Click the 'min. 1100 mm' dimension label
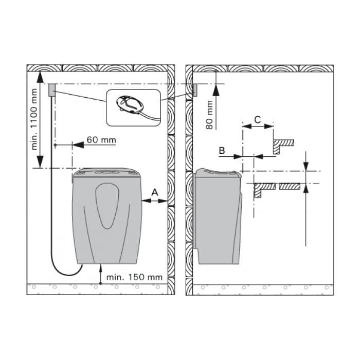pos(34,119)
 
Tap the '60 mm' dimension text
pos(101,140)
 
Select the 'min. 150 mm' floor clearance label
pos(134,277)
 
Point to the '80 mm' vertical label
pos(209,115)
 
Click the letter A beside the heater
pos(155,192)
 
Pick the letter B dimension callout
pos(222,151)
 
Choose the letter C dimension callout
pos(258,120)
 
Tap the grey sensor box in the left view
pos(52,90)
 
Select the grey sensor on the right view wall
pos(195,90)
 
